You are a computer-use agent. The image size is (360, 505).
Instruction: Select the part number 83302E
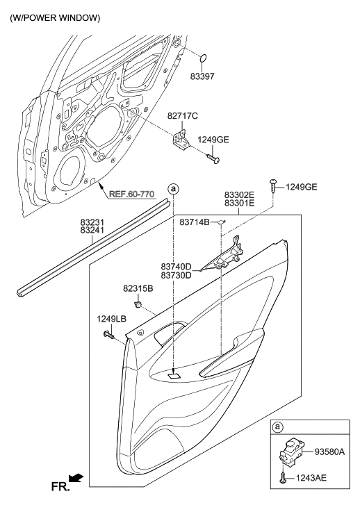238,194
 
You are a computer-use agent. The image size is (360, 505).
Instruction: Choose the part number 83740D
176,266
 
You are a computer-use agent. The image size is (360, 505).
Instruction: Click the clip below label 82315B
140,304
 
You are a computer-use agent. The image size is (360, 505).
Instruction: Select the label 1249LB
111,319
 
